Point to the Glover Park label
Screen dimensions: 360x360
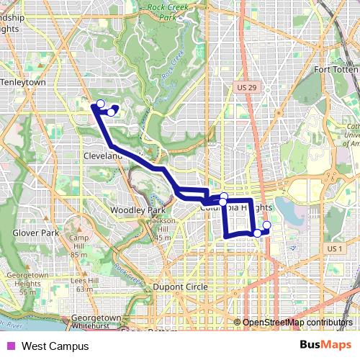pyautogui.click(x=35, y=233)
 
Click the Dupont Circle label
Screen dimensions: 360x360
pyautogui.click(x=177, y=287)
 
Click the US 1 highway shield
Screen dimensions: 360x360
pyautogui.click(x=333, y=248)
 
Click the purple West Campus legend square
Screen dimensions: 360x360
pyautogui.click(x=10, y=346)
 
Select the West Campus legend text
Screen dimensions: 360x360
pyautogui.click(x=55, y=346)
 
